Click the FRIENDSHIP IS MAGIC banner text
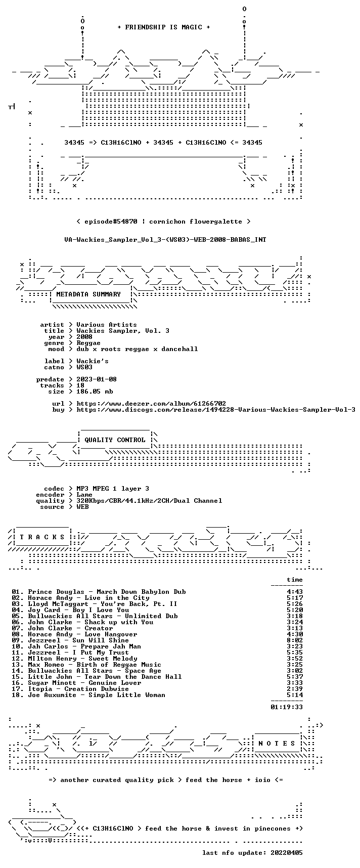point(163,27)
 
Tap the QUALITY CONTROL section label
point(115,440)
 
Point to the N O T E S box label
point(277,744)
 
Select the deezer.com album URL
point(151,404)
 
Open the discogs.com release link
point(216,410)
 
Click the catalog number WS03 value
point(84,367)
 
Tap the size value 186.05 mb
point(95,392)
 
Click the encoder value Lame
point(84,495)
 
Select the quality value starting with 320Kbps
point(149,501)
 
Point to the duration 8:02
point(295,640)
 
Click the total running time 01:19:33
point(287,707)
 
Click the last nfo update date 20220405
point(287,853)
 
